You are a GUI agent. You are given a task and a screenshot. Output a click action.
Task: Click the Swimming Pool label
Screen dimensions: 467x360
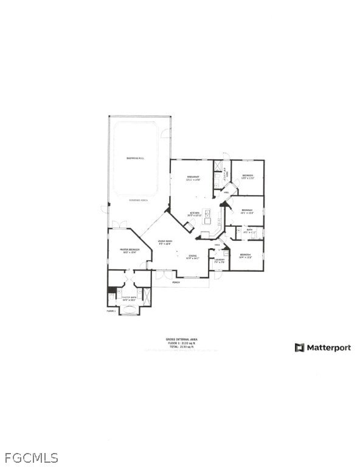(135, 158)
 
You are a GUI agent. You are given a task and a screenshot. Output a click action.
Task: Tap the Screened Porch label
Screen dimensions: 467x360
(139, 200)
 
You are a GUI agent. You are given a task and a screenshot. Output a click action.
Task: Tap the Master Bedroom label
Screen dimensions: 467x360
(130, 250)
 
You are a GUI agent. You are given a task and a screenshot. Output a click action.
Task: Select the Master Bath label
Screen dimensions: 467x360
(128, 299)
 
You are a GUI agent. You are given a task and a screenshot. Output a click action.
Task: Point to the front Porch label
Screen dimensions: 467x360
(176, 283)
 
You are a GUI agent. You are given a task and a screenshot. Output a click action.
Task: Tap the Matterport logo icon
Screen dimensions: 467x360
(299, 348)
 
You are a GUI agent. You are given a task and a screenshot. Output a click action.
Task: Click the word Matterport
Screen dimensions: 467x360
(328, 348)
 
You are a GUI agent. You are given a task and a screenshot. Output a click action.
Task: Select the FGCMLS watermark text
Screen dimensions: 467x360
(32, 457)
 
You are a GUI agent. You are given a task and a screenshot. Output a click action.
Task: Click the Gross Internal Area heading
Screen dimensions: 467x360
(182, 339)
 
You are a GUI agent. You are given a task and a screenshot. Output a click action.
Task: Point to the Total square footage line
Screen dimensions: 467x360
(182, 347)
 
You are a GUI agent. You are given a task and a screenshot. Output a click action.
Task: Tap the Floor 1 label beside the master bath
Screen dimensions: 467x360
(111, 311)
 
